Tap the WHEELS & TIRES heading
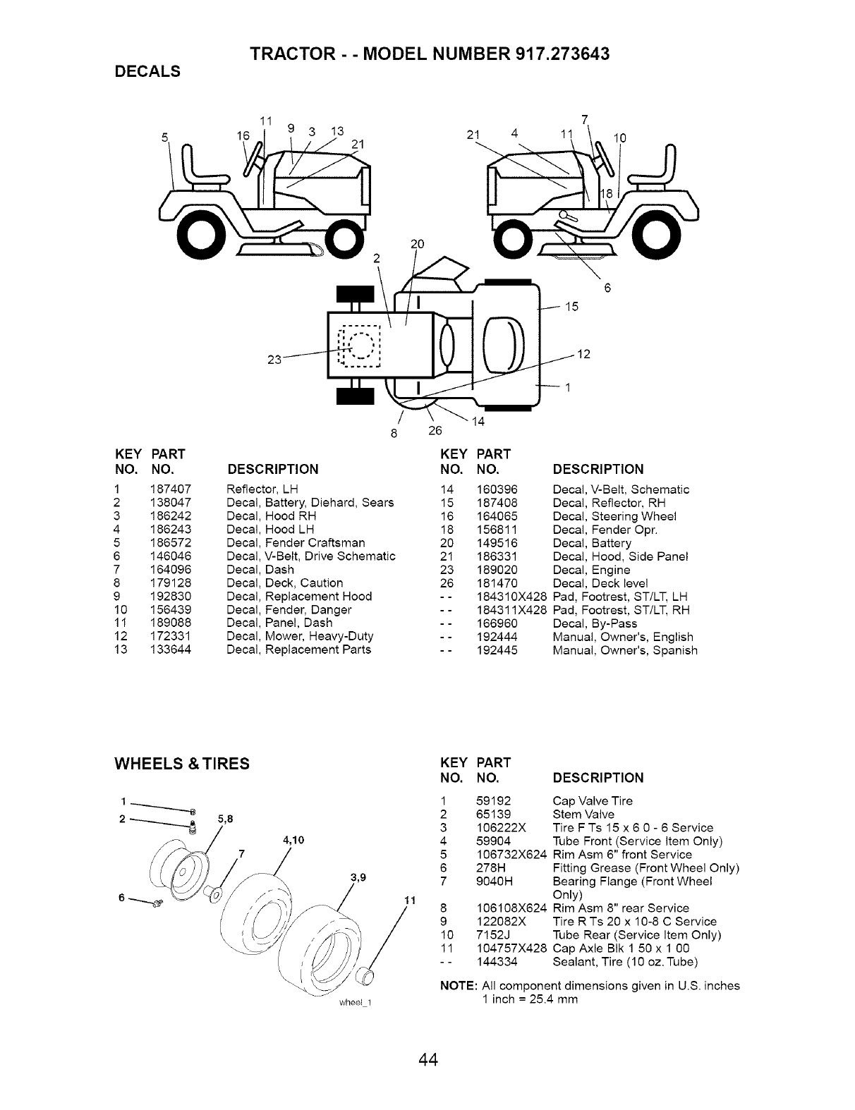[x=182, y=764]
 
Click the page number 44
[x=427, y=1060]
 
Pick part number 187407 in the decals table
[x=171, y=489]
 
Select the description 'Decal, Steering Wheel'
[x=614, y=516]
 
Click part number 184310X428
[x=512, y=597]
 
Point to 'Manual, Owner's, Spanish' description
[x=625, y=650]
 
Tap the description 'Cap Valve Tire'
[x=593, y=800]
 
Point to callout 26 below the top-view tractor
[x=435, y=431]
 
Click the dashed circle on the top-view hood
[x=360, y=347]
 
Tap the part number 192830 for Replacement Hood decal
[x=171, y=597]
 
